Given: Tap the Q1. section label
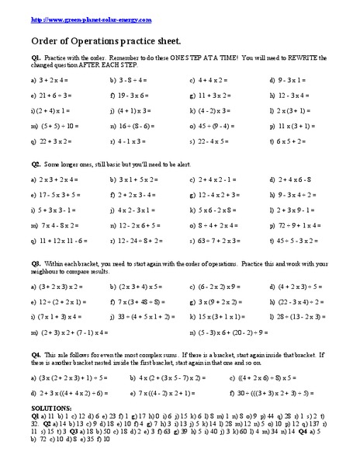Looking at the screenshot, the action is [x=36, y=57].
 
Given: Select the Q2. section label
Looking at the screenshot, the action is [x=36, y=166].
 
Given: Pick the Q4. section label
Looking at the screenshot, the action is [x=36, y=360].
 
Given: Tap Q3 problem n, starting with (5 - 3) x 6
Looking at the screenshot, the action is [x=221, y=333].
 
